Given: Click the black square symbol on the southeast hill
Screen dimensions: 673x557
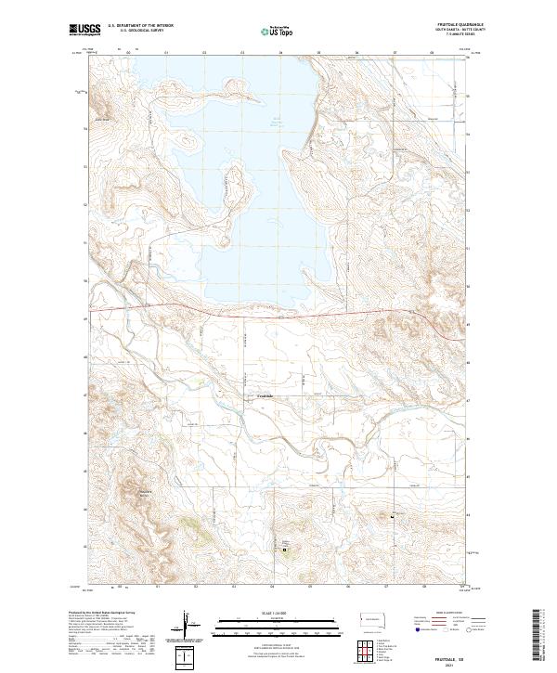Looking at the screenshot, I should (x=393, y=516).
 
